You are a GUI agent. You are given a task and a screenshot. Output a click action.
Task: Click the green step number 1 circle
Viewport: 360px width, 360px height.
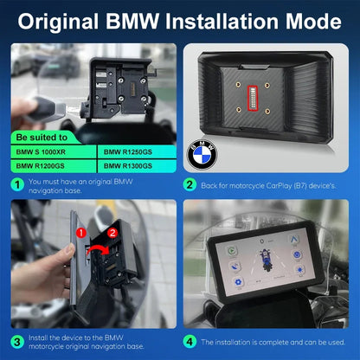pyautogui.click(x=17, y=183)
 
